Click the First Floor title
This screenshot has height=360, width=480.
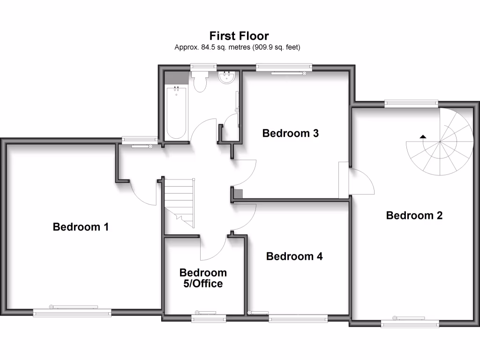(x=239, y=36)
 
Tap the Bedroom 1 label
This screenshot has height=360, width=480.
(x=81, y=227)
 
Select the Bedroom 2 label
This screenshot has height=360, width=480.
(x=414, y=216)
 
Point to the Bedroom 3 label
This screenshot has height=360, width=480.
(x=291, y=133)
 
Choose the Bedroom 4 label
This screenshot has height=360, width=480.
(x=294, y=256)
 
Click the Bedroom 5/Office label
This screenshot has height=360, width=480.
(x=203, y=278)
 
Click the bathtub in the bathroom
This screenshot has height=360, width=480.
(x=177, y=112)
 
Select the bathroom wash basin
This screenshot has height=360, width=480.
(x=227, y=78)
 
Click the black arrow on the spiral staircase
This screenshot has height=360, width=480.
(x=423, y=136)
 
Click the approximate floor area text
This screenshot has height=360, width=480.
(x=237, y=47)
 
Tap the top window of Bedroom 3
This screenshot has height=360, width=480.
(x=284, y=67)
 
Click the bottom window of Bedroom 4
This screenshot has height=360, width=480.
(x=298, y=319)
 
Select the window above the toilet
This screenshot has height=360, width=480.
(x=199, y=67)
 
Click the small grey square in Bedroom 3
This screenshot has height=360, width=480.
(x=239, y=193)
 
